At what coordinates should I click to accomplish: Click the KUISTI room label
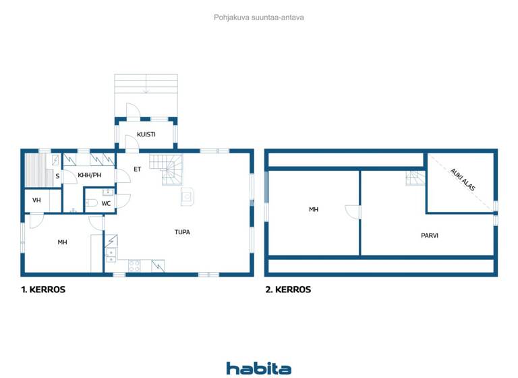click(x=146, y=134)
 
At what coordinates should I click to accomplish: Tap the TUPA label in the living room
click(x=182, y=232)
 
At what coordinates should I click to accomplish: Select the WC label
click(x=106, y=202)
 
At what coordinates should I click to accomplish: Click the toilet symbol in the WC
click(x=92, y=202)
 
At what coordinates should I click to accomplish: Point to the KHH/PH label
click(x=89, y=175)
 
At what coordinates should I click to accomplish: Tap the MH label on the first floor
click(x=62, y=242)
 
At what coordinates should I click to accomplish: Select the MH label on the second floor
click(x=314, y=210)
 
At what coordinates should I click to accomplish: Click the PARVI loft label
click(x=430, y=236)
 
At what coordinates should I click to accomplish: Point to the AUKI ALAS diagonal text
click(x=464, y=181)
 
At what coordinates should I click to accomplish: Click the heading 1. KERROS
click(x=43, y=290)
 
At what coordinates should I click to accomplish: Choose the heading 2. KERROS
click(x=288, y=290)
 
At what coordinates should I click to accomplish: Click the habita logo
click(x=259, y=368)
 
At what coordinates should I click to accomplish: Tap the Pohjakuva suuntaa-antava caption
click(x=259, y=18)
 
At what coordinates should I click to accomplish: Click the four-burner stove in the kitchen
click(x=135, y=266)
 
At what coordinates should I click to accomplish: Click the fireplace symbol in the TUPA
click(x=187, y=197)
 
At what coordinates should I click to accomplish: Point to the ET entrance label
click(x=137, y=169)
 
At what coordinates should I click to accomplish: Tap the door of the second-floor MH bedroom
click(x=352, y=211)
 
